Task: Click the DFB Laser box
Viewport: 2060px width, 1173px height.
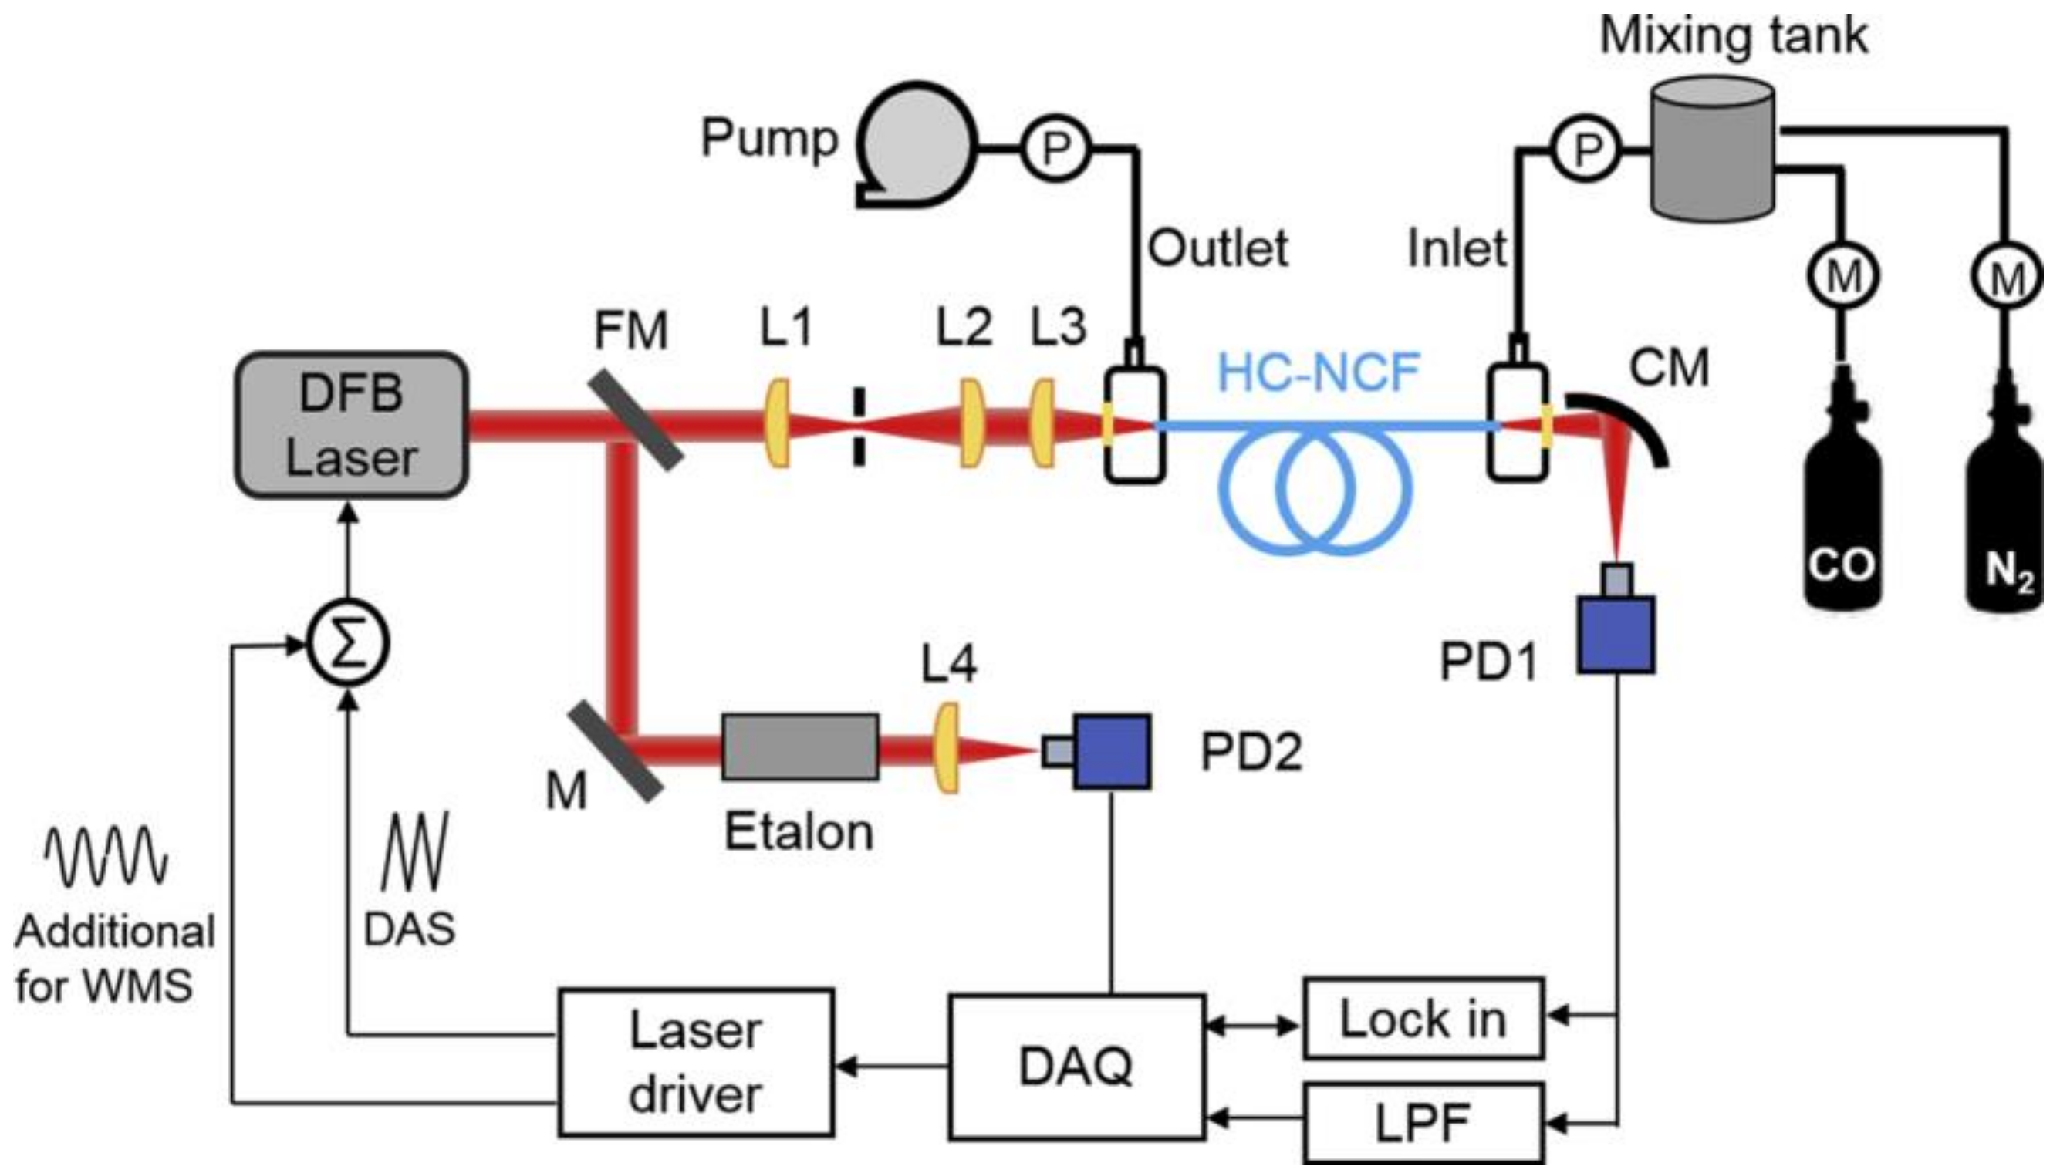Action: (x=351, y=425)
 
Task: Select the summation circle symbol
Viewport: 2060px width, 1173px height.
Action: (x=349, y=645)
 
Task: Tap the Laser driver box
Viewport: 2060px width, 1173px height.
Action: (x=695, y=1062)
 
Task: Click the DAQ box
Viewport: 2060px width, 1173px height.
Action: (x=1077, y=1067)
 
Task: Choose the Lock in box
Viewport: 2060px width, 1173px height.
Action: (x=1423, y=1018)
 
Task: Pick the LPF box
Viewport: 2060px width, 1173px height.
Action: (x=1423, y=1122)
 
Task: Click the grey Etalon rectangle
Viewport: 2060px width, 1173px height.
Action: (x=799, y=747)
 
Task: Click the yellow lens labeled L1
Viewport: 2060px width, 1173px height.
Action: (x=778, y=425)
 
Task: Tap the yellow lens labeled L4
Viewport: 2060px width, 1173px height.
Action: (x=947, y=747)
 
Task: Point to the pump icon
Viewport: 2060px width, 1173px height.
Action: (x=915, y=145)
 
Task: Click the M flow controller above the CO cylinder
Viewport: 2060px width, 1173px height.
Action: (x=1843, y=276)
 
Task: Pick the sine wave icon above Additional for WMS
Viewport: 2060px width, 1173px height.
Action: (x=106, y=855)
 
